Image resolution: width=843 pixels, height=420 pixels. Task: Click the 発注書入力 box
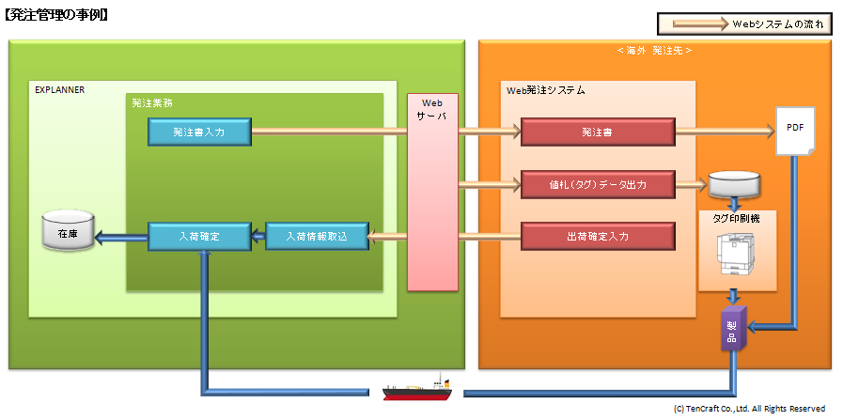point(199,132)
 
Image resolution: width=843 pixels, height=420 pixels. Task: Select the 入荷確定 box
point(199,236)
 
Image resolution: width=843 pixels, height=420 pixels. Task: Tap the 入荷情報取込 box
point(318,236)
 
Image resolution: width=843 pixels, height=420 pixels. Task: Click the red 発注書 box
point(598,132)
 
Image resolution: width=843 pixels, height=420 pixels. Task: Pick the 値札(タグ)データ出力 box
point(598,184)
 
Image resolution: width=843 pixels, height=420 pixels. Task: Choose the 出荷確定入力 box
point(598,236)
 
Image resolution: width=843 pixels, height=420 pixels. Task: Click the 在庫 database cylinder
point(68,229)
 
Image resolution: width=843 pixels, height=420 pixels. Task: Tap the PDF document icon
point(795,132)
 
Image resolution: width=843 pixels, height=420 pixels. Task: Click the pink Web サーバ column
point(433,192)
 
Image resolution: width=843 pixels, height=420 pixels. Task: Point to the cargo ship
point(416,388)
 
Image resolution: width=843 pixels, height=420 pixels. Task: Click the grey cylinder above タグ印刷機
point(734,184)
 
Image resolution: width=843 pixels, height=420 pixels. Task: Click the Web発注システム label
point(546,90)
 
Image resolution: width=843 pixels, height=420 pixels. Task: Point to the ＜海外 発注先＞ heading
point(654,51)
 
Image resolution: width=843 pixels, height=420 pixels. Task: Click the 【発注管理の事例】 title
point(55,15)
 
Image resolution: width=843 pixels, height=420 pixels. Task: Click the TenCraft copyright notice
point(749,409)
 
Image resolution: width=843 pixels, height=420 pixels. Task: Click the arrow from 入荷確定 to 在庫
point(121,237)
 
